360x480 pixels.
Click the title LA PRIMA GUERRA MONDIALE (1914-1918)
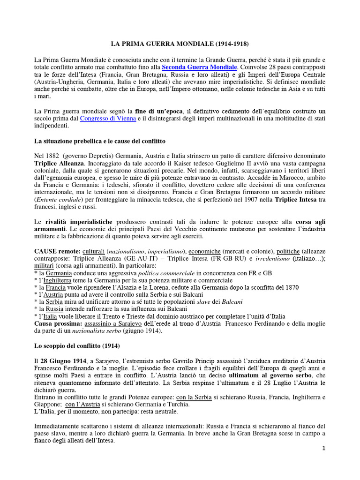tap(180, 44)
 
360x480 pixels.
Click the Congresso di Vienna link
tap(108, 119)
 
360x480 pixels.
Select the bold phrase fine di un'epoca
tap(159, 111)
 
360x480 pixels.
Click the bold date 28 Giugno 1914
tap(61, 360)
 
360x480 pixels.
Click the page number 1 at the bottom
tap(323, 449)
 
